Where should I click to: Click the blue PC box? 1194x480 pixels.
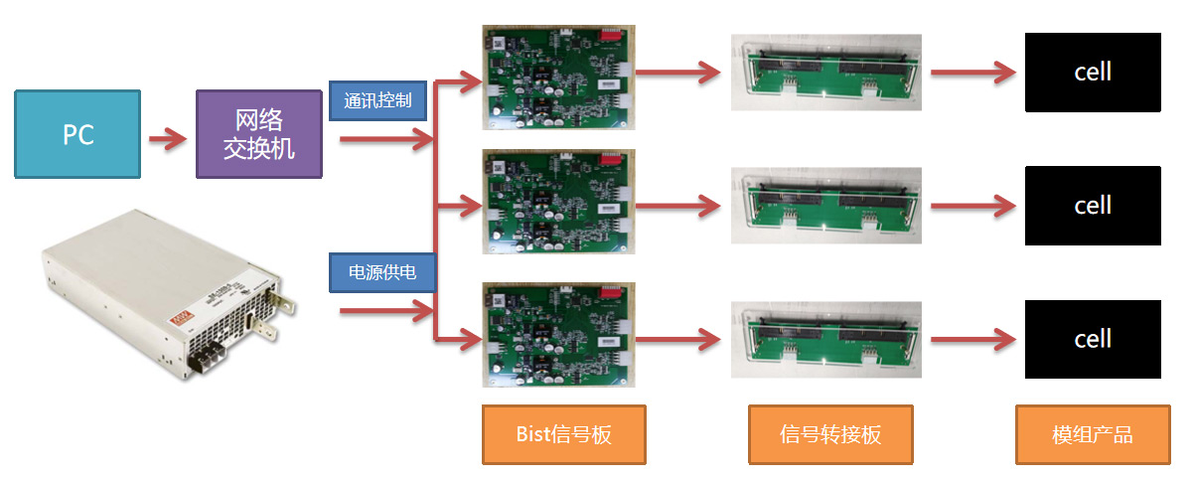click(x=77, y=134)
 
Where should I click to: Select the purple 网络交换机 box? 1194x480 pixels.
click(x=258, y=134)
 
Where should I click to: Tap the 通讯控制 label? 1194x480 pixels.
click(x=377, y=100)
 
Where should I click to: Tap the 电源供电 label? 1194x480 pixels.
click(x=380, y=271)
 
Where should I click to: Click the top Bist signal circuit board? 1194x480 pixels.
click(x=556, y=77)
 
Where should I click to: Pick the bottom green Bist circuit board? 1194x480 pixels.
click(x=556, y=335)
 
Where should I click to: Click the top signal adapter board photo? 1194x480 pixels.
click(x=826, y=72)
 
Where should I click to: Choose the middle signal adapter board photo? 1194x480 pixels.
click(x=826, y=205)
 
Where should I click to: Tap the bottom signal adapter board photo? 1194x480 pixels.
click(x=826, y=339)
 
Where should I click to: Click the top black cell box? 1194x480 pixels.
click(x=1093, y=72)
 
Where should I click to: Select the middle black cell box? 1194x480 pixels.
click(x=1093, y=206)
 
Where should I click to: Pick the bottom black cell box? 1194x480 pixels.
click(x=1093, y=339)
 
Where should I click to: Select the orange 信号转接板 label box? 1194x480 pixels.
click(x=830, y=434)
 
